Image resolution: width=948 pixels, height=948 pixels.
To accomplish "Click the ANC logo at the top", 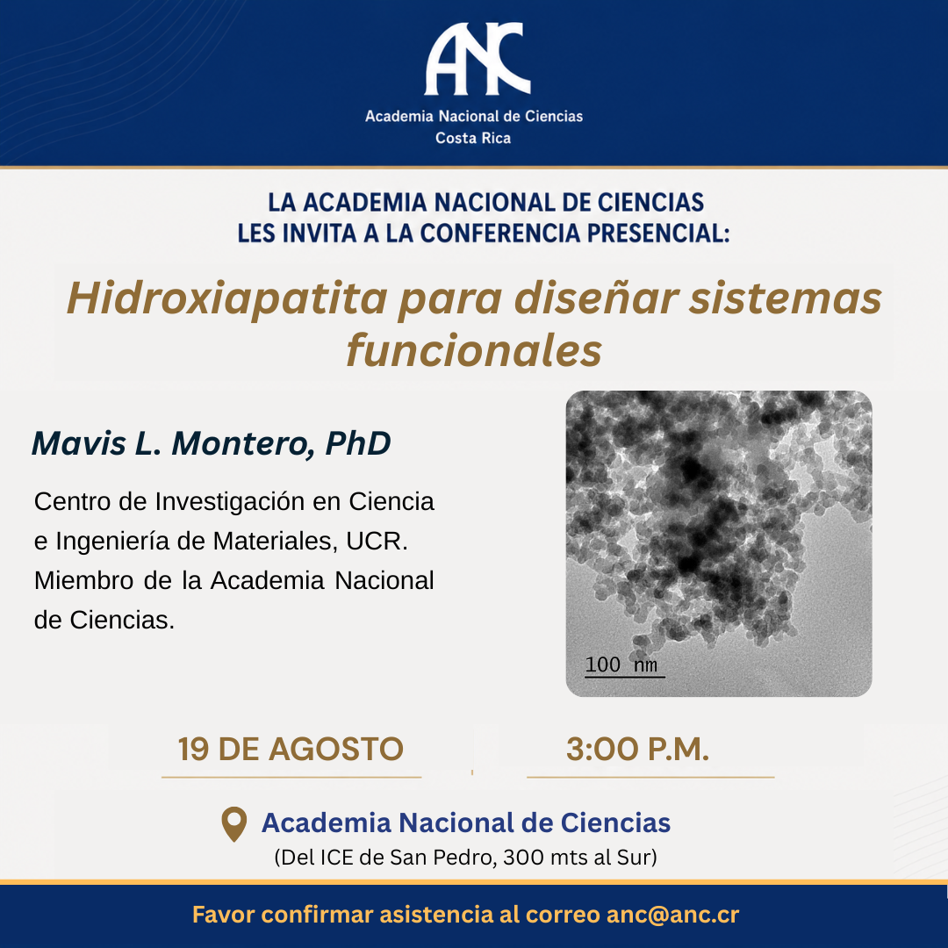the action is point(477,59).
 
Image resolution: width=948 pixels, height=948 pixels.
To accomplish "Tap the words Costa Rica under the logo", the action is point(473,139).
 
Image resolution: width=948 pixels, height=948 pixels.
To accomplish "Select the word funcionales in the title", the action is point(474,350).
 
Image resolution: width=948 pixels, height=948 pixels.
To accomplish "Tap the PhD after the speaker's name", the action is point(358,443).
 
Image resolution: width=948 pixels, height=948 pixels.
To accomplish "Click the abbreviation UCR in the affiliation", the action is point(377,541).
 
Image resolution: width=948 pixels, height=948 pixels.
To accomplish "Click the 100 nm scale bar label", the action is point(621,664).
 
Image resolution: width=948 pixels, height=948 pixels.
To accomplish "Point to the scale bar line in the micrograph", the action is point(625,677).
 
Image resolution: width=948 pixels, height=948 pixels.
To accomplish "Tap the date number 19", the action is point(193,749).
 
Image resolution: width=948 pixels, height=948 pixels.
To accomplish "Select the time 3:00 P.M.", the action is point(637,749).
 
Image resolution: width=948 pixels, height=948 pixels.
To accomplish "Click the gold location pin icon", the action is point(234,823).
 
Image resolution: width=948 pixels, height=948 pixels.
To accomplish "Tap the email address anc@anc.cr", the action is point(672,914).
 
